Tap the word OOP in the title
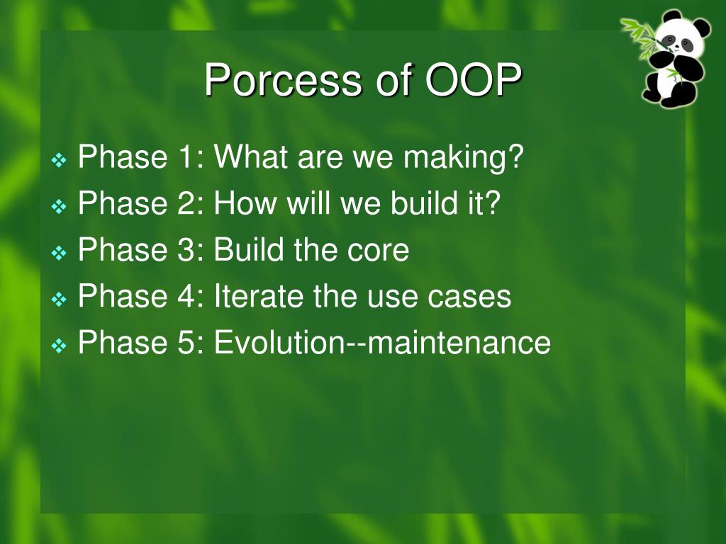tap(473, 79)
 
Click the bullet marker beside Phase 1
tap(59, 160)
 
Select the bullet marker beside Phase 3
tap(59, 253)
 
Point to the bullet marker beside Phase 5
tap(59, 346)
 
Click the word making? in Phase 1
tap(463, 158)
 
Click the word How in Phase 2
tap(245, 203)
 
